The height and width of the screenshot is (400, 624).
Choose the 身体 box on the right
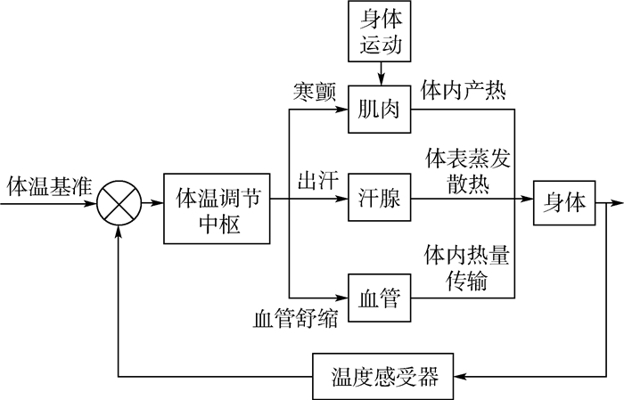pyautogui.click(x=565, y=202)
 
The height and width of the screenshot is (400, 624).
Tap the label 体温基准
pyautogui.click(x=44, y=187)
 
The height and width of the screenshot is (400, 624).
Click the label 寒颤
pyautogui.click(x=315, y=93)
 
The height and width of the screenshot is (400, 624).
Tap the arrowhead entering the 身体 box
pyautogui.click(x=530, y=203)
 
